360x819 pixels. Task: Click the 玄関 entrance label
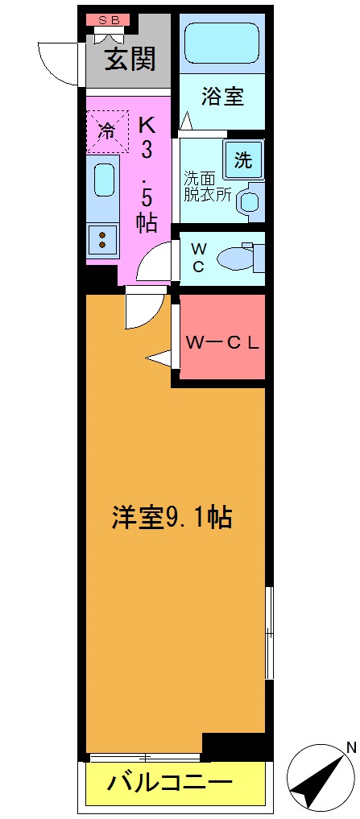coord(129,60)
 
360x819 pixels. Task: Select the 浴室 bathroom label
coord(222,97)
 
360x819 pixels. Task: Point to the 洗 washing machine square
coord(242,159)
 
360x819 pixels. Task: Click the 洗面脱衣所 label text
coord(207,185)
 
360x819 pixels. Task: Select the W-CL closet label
coord(222,342)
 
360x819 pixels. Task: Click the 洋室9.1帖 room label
coord(172,517)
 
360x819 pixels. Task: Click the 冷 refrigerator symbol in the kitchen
coord(106,130)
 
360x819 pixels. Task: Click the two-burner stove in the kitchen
coord(102,238)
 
